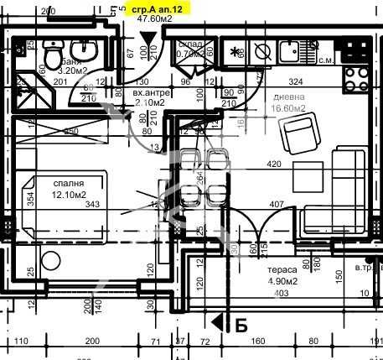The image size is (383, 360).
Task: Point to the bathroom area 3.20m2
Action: [78, 71]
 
